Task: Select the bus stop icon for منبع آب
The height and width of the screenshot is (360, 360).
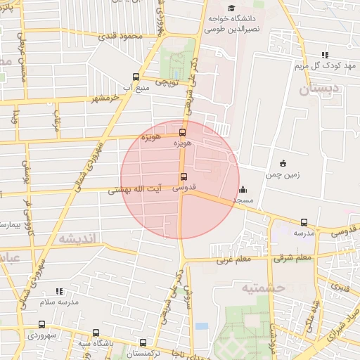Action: click(x=136, y=77)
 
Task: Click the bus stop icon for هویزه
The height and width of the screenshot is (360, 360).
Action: click(x=183, y=131)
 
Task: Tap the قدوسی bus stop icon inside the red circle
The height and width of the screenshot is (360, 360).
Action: click(x=184, y=176)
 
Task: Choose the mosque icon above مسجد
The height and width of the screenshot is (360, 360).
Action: click(x=243, y=189)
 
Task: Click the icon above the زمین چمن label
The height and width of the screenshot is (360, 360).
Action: click(x=283, y=163)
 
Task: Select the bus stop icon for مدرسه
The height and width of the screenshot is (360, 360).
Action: click(x=304, y=222)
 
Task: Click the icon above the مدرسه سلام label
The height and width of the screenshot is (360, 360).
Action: click(x=59, y=290)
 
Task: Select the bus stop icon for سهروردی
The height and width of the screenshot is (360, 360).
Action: click(x=42, y=325)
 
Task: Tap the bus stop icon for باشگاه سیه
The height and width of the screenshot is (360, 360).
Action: click(x=96, y=333)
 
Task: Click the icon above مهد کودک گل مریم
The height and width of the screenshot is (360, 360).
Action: click(x=324, y=55)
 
